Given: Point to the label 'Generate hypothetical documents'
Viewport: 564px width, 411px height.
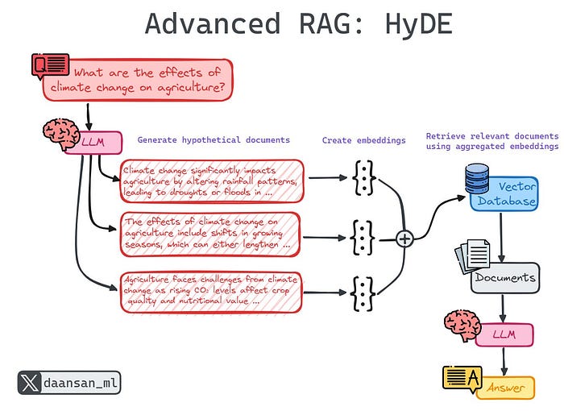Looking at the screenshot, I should [x=214, y=140].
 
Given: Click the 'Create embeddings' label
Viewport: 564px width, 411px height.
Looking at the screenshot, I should [x=364, y=140].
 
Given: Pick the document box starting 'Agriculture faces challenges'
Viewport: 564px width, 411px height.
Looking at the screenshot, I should [x=212, y=292].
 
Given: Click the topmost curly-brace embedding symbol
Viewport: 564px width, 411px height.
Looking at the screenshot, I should [x=363, y=177].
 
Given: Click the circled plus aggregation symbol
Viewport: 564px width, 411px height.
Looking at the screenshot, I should [x=404, y=238].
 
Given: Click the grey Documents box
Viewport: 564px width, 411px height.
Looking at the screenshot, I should [x=505, y=278].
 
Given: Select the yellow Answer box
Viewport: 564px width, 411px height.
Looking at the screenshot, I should [x=505, y=388].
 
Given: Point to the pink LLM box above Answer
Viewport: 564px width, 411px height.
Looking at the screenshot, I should [x=504, y=334].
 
